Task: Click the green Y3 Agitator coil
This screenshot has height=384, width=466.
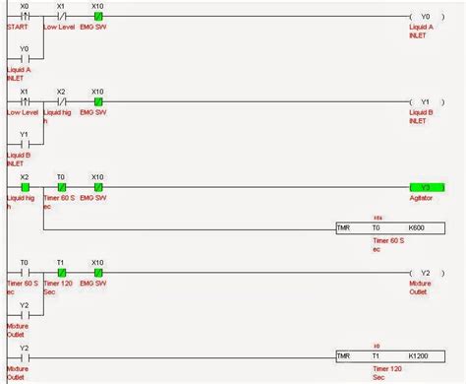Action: pos(425,186)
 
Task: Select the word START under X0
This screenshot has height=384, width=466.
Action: pos(19,28)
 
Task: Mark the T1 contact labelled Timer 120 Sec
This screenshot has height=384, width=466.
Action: pos(61,272)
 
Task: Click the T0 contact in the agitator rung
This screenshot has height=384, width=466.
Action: pos(61,186)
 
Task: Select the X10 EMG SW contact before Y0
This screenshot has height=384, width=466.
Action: pos(97,17)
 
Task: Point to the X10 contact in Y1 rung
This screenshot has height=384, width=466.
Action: pos(97,100)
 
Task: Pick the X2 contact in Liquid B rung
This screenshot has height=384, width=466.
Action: pos(61,100)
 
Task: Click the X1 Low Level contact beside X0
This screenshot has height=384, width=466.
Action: pos(61,17)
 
